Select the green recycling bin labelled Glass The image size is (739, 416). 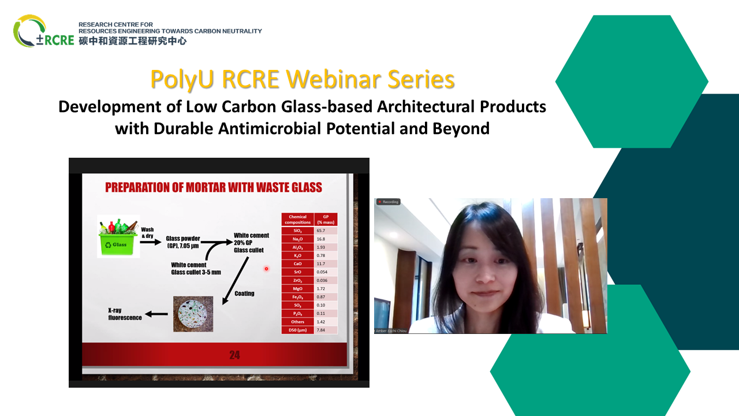pyautogui.click(x=118, y=235)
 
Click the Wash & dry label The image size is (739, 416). pyautogui.click(x=147, y=232)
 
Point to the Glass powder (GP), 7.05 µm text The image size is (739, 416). pyautogui.click(x=183, y=241)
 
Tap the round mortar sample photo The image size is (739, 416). pyautogui.click(x=193, y=314)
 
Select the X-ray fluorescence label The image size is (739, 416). pyautogui.click(x=125, y=314)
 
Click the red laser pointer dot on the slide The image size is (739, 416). pyautogui.click(x=266, y=269)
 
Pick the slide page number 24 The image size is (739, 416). pyautogui.click(x=234, y=355)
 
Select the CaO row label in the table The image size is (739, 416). pyautogui.click(x=298, y=263)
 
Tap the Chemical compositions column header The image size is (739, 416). pyautogui.click(x=298, y=220)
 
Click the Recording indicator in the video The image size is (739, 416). pyautogui.click(x=389, y=202)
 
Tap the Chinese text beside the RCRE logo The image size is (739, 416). pyautogui.click(x=133, y=41)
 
